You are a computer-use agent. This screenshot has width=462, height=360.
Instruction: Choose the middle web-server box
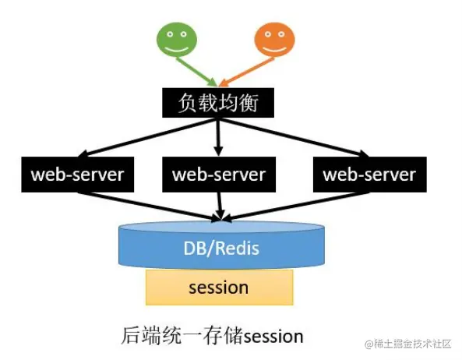point(218,174)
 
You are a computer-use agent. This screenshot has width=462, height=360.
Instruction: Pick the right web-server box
point(369,174)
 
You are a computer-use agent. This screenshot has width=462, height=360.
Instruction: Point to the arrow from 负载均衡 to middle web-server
point(218,136)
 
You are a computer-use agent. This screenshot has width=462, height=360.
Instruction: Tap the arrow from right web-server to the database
point(296,204)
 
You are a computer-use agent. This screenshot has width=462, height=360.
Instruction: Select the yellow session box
point(219,288)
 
